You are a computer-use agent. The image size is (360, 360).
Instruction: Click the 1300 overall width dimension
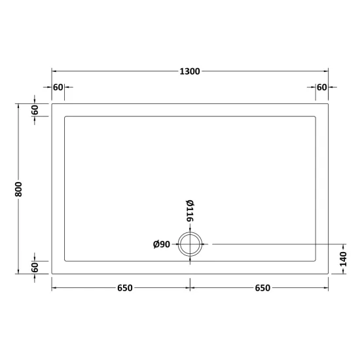tap(190, 71)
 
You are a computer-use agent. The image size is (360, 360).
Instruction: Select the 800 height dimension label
tap(18, 189)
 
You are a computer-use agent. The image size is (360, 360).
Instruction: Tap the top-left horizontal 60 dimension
tap(58, 87)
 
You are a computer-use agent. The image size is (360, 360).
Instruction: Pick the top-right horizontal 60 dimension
tap(321, 87)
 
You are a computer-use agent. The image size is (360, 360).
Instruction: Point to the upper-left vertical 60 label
tap(35, 110)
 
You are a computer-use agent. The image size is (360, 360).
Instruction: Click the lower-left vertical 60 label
tap(35, 268)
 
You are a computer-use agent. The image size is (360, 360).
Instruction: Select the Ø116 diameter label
tap(190, 211)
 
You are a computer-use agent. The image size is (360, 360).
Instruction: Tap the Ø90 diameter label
tap(162, 244)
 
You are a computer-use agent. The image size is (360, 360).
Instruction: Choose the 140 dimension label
tap(343, 259)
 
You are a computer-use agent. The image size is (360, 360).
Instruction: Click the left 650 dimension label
tap(125, 288)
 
